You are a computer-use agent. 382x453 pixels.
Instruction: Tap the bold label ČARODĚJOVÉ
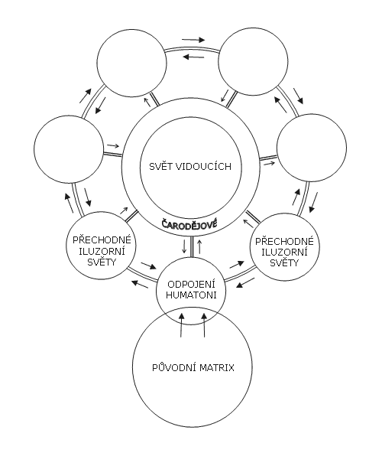click(189, 224)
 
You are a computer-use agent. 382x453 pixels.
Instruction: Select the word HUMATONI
click(191, 295)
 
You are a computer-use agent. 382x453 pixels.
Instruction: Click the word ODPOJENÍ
click(191, 285)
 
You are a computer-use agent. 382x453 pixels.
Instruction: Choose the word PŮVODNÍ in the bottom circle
click(174, 367)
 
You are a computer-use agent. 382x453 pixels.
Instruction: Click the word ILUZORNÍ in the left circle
click(102, 251)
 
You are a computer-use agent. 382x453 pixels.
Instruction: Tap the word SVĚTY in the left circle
click(102, 261)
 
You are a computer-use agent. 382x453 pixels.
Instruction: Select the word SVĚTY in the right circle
click(284, 262)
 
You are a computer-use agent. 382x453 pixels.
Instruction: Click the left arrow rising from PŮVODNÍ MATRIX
click(181, 324)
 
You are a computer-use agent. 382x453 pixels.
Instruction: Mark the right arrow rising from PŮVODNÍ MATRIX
click(204, 324)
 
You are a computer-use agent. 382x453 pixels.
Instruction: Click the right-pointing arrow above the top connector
click(193, 40)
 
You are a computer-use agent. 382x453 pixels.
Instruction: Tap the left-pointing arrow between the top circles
click(193, 57)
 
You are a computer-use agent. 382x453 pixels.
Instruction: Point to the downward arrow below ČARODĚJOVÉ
click(184, 246)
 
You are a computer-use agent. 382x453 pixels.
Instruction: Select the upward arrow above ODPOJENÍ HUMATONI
click(199, 246)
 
